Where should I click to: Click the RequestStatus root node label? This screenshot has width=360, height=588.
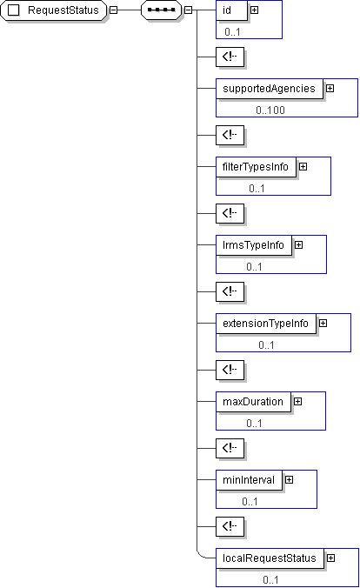(63, 10)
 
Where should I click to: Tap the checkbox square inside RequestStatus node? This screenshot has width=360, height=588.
(14, 10)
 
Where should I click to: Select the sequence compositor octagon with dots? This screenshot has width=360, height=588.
(161, 10)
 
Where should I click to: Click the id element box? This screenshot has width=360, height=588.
(232, 10)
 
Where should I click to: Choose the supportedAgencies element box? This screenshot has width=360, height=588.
(270, 89)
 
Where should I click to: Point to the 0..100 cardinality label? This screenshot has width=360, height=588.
(270, 110)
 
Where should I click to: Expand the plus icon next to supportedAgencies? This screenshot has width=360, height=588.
(330, 89)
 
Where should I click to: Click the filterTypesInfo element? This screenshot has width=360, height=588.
(256, 167)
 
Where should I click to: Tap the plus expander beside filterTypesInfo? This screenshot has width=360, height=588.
(303, 167)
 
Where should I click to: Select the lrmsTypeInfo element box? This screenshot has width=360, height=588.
(254, 245)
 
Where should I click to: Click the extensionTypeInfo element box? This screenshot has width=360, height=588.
(266, 324)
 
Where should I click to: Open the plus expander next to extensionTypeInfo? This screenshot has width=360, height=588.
(323, 324)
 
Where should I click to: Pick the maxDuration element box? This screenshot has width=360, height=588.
(253, 402)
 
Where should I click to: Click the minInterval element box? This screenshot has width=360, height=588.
(249, 480)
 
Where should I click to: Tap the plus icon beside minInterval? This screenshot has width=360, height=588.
(289, 480)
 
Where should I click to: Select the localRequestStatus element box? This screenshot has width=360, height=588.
(270, 558)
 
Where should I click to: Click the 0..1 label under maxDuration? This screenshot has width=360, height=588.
(254, 424)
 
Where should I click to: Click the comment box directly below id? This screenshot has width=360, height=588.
(230, 57)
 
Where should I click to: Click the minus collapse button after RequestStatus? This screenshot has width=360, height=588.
(113, 10)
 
